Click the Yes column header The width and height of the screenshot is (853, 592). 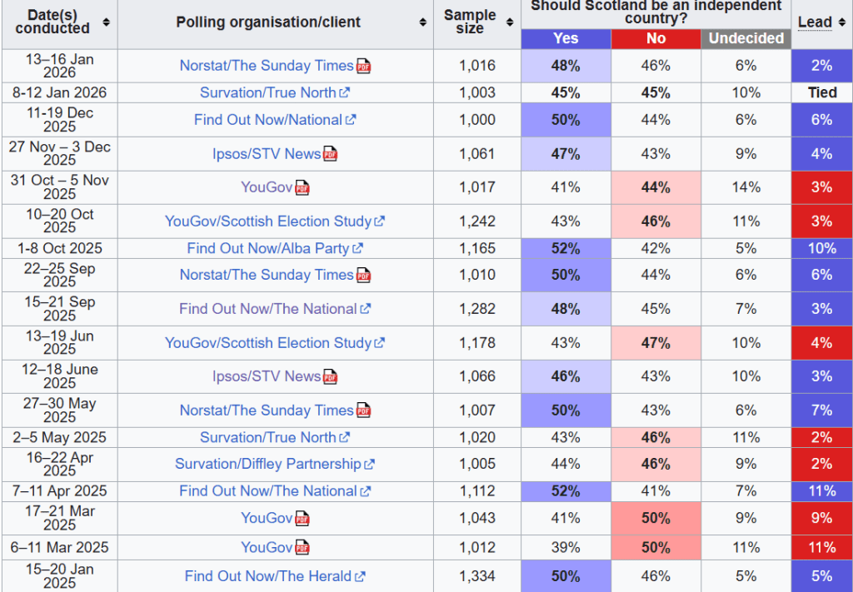click(x=566, y=38)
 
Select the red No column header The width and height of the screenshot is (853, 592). click(x=656, y=38)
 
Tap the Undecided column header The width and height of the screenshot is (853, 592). click(x=746, y=38)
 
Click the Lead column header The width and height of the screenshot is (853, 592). click(x=815, y=22)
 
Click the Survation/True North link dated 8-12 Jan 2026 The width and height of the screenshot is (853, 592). click(x=267, y=92)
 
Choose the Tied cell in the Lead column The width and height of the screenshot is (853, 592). click(x=821, y=92)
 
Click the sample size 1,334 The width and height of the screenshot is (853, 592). click(x=476, y=576)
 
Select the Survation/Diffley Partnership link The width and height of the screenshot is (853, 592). click(x=267, y=464)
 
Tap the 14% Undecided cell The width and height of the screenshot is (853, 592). click(x=746, y=187)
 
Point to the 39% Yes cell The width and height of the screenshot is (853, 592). click(x=566, y=547)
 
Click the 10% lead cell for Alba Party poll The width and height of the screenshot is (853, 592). click(x=821, y=248)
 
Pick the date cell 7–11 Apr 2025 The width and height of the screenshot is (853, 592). click(x=59, y=491)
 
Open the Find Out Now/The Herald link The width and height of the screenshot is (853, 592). click(x=267, y=576)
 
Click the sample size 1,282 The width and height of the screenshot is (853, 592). click(x=476, y=309)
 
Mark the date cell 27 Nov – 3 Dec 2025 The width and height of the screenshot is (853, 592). click(x=59, y=153)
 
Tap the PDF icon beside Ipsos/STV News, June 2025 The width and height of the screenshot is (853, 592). click(x=331, y=377)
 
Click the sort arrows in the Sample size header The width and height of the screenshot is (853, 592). click(x=510, y=22)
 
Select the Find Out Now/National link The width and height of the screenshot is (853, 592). click(x=267, y=120)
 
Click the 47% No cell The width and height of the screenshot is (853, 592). click(x=656, y=343)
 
